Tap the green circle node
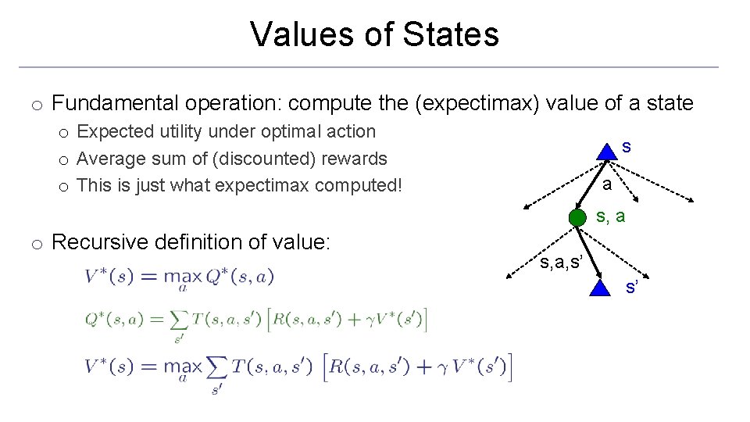coord(577,217)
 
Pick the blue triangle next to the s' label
coord(599,288)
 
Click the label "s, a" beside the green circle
coord(610,216)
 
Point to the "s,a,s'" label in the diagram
coord(559,260)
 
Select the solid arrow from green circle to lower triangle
coord(588,252)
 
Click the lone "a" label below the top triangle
coord(606,184)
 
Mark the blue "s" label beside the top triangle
coord(627,147)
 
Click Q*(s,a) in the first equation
coord(239,277)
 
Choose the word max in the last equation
coord(182,367)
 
